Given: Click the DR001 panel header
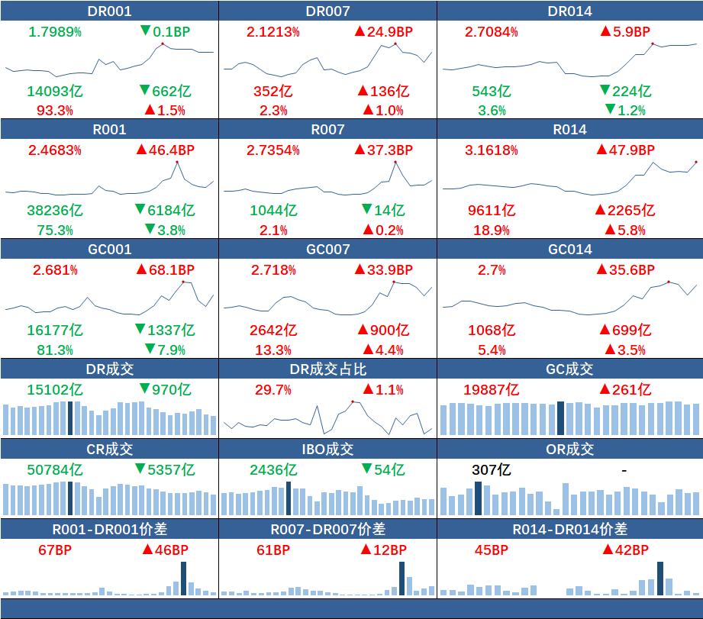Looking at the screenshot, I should point(110,11).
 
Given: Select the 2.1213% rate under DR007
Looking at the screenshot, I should point(272,32).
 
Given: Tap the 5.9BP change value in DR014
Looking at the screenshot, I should point(625,32).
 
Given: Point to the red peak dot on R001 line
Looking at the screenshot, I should point(176,162).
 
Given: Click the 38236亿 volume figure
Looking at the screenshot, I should point(55,210).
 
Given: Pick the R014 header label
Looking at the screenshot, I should point(570,130).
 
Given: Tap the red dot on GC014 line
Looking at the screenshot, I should point(669,282).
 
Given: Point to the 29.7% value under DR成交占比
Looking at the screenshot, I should point(272,390).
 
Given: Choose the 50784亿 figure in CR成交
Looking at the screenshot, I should point(55,469).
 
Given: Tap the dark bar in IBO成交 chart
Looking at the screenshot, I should point(289,498).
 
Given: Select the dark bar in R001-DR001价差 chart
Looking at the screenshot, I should point(183,579).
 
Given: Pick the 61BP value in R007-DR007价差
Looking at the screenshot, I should point(272,550).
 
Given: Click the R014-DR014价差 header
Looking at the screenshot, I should point(570,529).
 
